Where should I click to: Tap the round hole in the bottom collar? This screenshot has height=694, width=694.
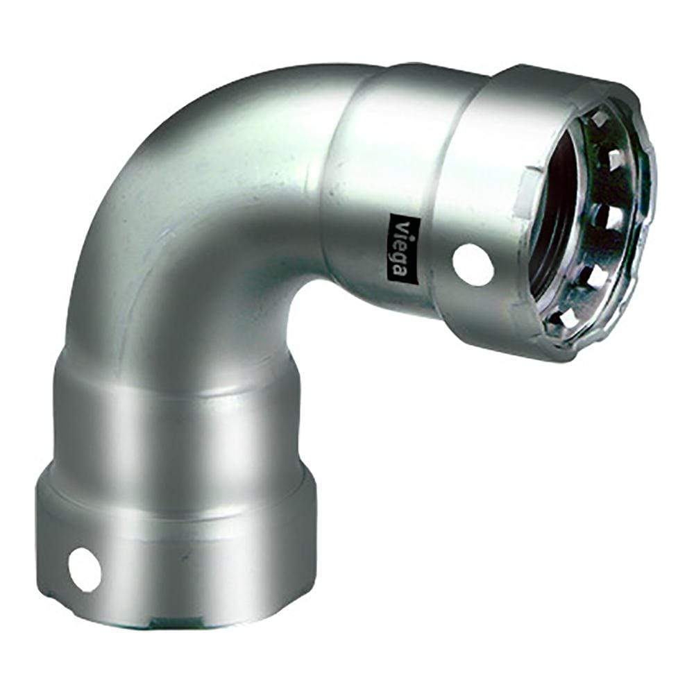(85, 570)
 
